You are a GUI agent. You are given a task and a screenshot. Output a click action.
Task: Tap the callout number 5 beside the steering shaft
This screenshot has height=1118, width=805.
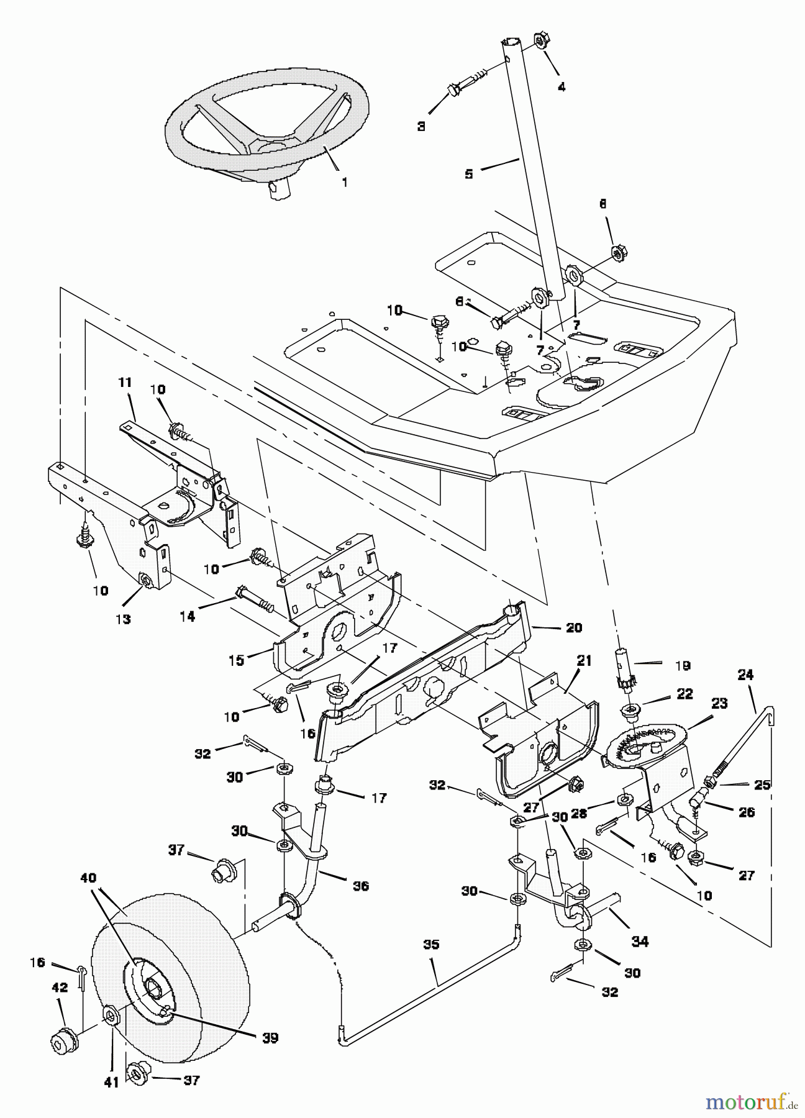pyautogui.click(x=469, y=174)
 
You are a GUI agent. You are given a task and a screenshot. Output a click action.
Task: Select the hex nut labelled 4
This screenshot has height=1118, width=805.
pyautogui.click(x=540, y=42)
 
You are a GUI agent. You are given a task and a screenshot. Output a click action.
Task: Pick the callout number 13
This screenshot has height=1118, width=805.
pyautogui.click(x=124, y=619)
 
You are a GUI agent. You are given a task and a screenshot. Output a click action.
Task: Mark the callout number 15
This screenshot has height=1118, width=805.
pyautogui.click(x=237, y=660)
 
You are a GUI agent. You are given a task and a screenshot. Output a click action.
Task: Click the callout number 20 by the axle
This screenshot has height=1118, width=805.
pyautogui.click(x=574, y=627)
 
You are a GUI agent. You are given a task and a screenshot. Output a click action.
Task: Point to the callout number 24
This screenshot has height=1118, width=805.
pyautogui.click(x=745, y=674)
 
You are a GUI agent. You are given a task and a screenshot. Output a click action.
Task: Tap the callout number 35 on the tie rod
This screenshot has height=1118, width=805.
pyautogui.click(x=431, y=945)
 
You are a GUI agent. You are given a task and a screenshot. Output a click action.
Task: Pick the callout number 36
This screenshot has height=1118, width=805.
pyautogui.click(x=360, y=886)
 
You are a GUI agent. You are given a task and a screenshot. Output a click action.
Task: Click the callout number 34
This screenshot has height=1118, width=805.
pyautogui.click(x=640, y=942)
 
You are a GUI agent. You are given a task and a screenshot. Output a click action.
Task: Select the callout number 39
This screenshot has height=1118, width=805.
pyautogui.click(x=270, y=1038)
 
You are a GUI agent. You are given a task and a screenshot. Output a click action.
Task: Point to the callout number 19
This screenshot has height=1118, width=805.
pyautogui.click(x=683, y=666)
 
